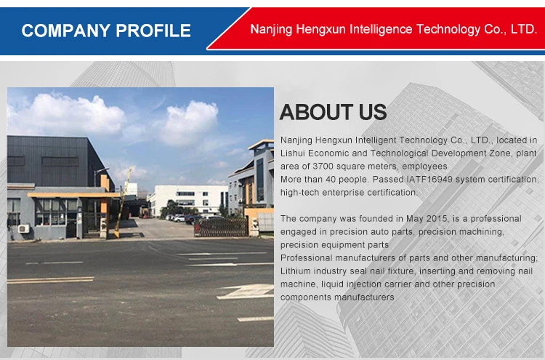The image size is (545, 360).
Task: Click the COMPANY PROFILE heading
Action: coord(106,31)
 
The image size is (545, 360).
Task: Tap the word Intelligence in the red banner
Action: coord(381,29)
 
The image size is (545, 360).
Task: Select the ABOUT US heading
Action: coord(333,112)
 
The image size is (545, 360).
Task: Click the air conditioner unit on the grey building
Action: coord(24,228)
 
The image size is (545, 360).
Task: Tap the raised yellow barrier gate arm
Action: coord(123,202)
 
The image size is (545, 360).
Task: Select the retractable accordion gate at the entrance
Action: coord(221,227)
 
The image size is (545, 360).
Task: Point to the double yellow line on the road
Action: coord(50,280)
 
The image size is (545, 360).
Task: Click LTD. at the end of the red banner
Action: coord(524,29)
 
